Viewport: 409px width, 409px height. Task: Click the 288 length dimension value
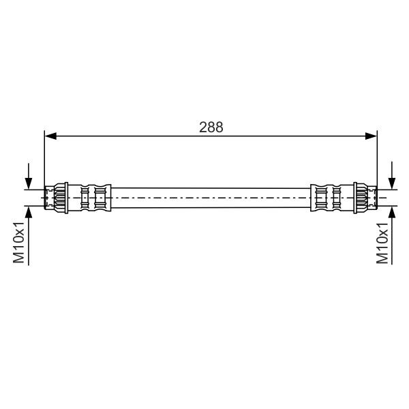pyautogui.click(x=211, y=127)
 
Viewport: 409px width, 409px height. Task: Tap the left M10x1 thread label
pyautogui.click(x=19, y=243)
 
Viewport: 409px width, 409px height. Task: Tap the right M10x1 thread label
pyautogui.click(x=382, y=243)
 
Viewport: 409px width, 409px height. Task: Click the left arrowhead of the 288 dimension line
pyautogui.click(x=50, y=136)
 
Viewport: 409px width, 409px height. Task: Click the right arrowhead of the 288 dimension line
pyautogui.click(x=371, y=136)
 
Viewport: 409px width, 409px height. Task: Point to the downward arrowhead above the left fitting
pyautogui.click(x=29, y=183)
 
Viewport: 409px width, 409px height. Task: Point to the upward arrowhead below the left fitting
pyautogui.click(x=29, y=212)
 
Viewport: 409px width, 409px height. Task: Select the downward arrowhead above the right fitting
pyautogui.click(x=392, y=183)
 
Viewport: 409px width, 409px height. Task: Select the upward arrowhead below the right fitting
pyautogui.click(x=392, y=212)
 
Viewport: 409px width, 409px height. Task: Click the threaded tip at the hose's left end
pyautogui.click(x=49, y=198)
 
